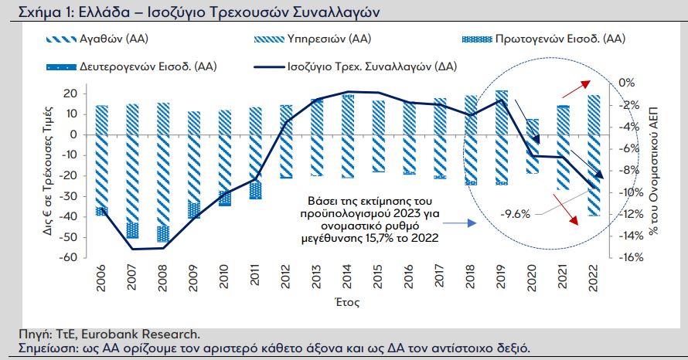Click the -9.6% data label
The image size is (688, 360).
pos(514,214)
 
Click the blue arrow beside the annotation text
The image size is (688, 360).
pos(460,222)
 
